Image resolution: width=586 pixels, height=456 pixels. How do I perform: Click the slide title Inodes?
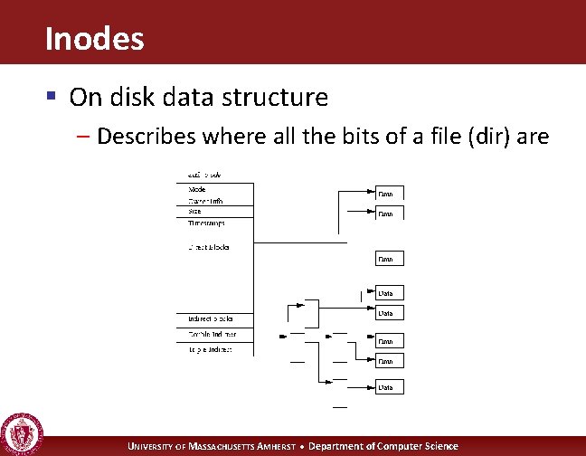pos(93,38)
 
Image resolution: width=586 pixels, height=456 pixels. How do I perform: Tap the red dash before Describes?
pos(82,138)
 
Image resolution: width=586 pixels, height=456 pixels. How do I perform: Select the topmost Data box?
pos(386,193)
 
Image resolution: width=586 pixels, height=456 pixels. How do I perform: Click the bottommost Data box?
pos(386,387)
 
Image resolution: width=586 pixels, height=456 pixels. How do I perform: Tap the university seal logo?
pos(21,433)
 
